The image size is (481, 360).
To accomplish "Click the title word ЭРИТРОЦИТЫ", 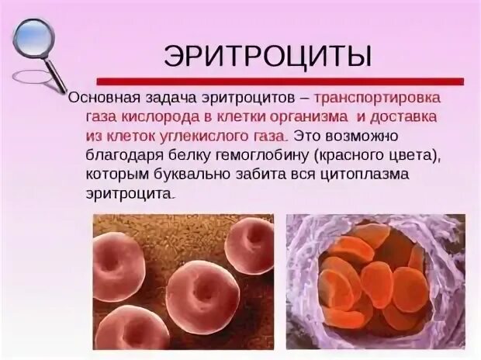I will click(268, 55).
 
